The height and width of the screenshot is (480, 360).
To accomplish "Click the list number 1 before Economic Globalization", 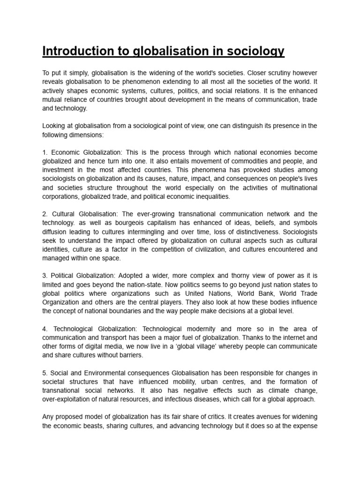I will tap(45, 153).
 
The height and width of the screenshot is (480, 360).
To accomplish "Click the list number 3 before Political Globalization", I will tap(45, 276).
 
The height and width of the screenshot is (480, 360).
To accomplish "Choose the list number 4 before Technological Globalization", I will tap(45, 329).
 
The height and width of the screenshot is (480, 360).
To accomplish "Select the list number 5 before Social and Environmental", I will tap(45, 373).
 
